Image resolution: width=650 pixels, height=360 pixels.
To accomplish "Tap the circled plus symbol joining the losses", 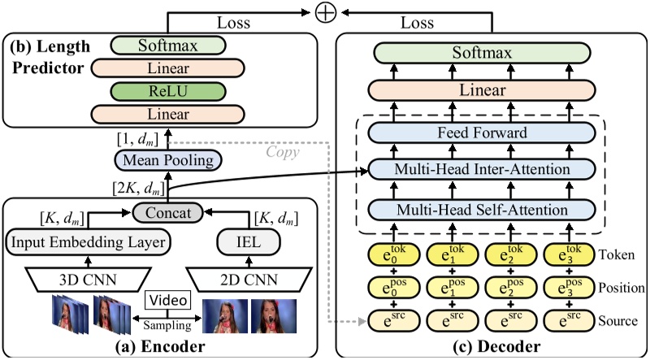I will click(x=325, y=14).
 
